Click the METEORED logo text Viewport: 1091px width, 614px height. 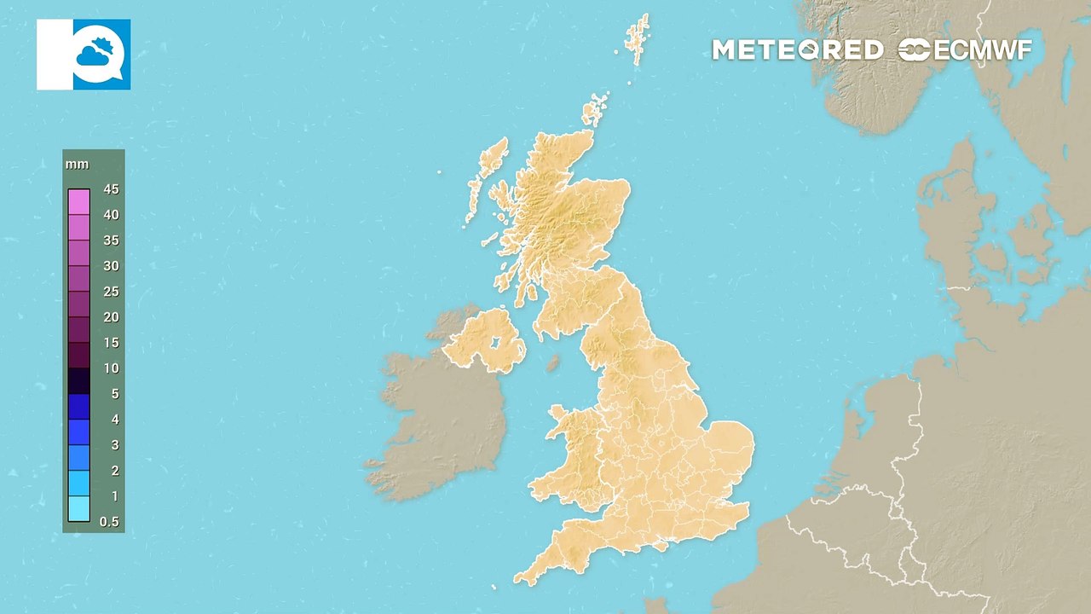pos(797,50)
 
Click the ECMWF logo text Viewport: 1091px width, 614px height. pos(965,50)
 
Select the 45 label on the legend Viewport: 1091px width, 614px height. pos(111,189)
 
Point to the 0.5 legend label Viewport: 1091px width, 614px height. pos(109,522)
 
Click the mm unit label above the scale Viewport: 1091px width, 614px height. pos(77,164)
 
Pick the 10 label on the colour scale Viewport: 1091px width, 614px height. pos(111,368)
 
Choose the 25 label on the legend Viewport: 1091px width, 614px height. pos(111,292)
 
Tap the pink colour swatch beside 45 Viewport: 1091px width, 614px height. pos(79,201)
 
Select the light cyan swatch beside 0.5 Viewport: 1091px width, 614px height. pos(79,509)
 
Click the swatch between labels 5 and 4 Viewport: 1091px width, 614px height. pos(79,407)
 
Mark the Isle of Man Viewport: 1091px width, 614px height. pos(552,363)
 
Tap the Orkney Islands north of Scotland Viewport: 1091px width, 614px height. pos(594,111)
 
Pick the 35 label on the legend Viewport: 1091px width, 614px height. pos(111,240)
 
